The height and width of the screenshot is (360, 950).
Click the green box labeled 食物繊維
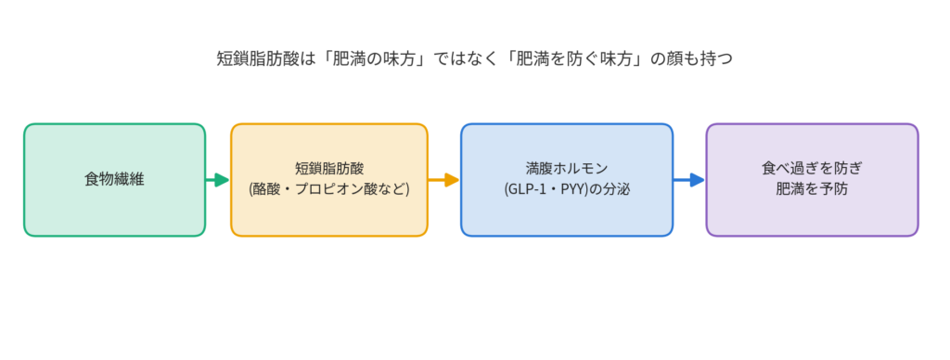tap(114, 179)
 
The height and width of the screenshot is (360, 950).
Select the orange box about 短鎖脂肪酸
tap(329, 179)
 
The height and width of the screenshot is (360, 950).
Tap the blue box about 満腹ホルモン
tap(567, 179)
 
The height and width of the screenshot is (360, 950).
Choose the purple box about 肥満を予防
tap(812, 179)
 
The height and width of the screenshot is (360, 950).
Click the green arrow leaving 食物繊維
tap(217, 179)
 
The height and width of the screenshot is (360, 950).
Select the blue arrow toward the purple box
tap(689, 179)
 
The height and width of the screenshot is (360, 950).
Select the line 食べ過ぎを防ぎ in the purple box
tap(812, 169)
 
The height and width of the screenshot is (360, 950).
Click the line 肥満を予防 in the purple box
tap(812, 189)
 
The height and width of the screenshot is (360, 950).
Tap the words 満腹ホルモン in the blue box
tap(567, 169)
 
